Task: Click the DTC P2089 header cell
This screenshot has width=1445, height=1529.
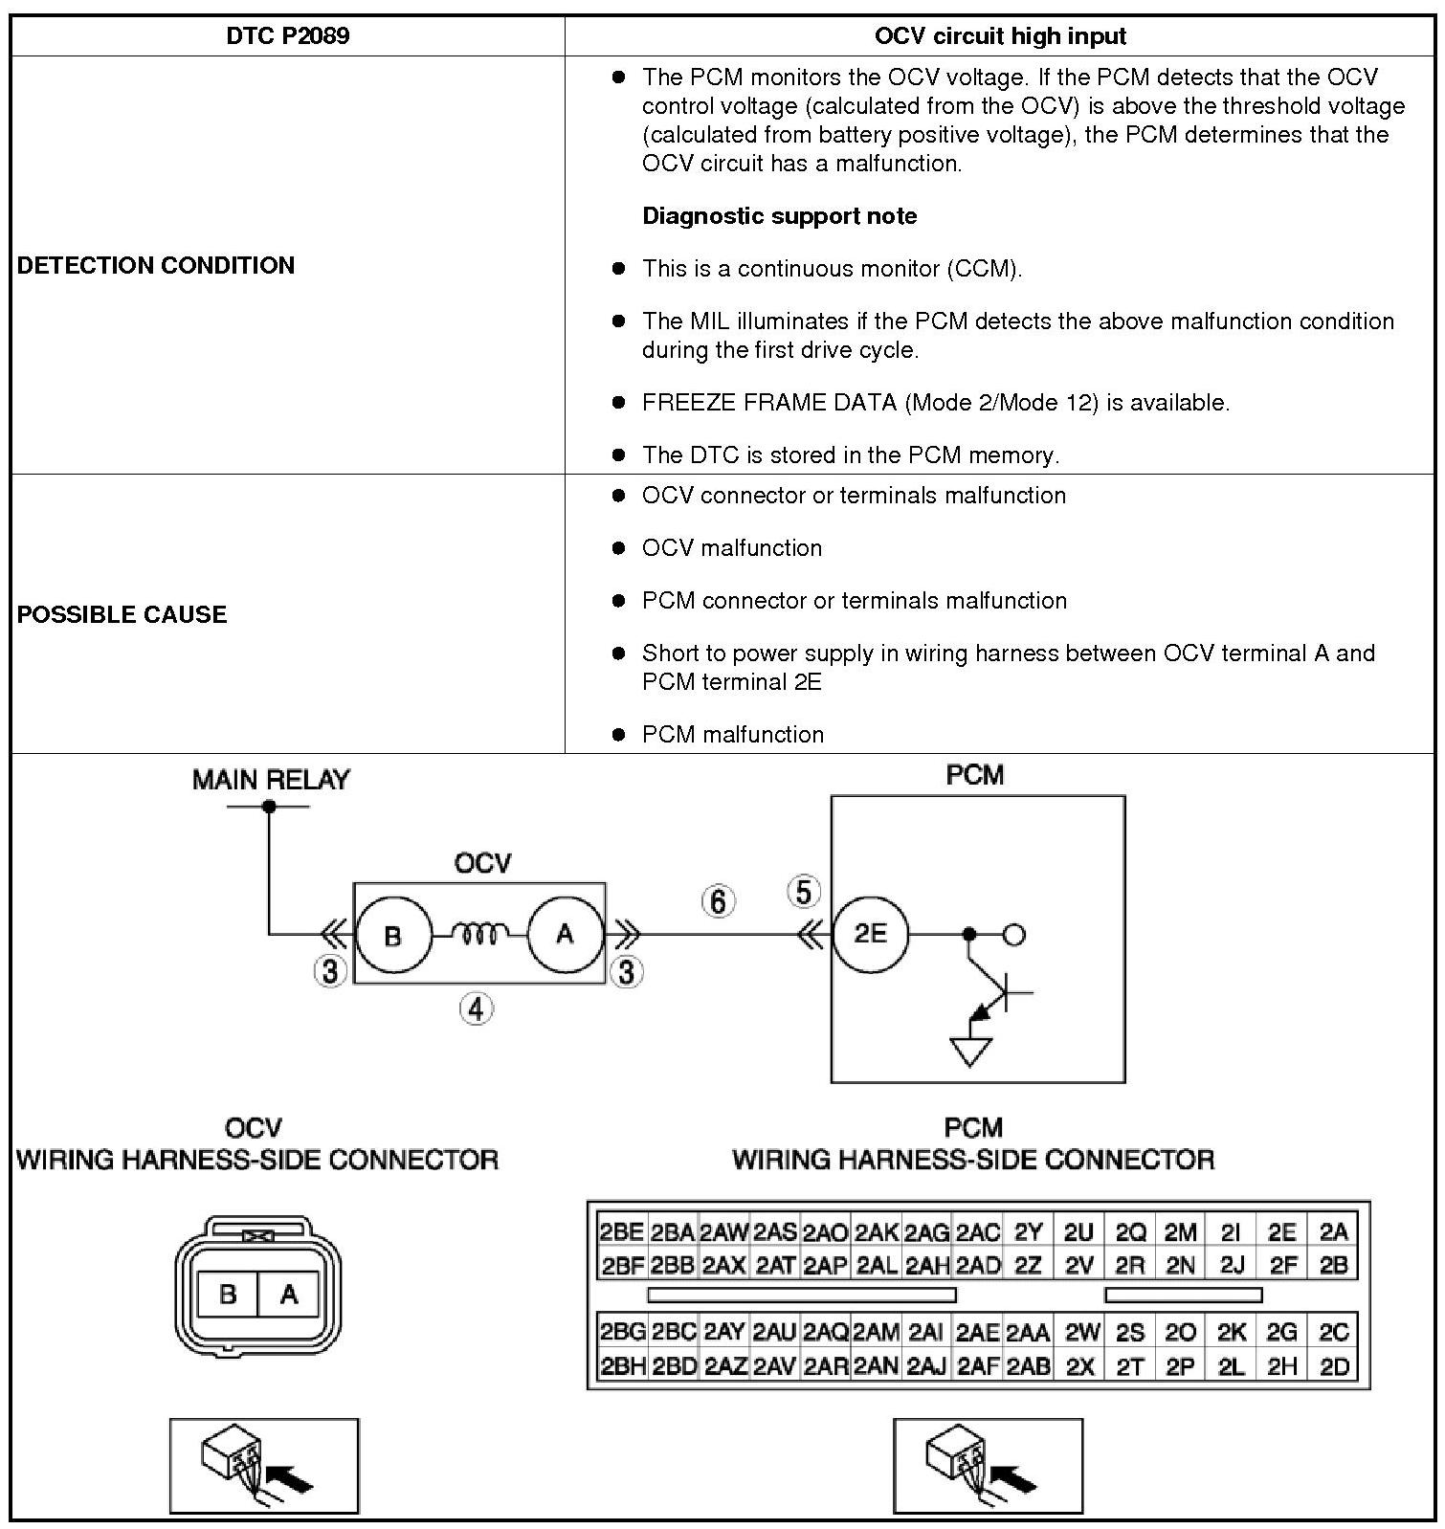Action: [287, 36]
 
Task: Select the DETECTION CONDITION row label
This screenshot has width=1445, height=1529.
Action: [156, 265]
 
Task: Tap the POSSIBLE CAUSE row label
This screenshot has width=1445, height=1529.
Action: [122, 614]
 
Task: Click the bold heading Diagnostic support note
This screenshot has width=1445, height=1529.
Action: [779, 216]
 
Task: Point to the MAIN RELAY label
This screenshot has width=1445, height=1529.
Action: [271, 780]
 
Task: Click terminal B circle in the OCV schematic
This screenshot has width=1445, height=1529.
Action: [392, 935]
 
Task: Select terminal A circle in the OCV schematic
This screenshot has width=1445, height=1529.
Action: [565, 933]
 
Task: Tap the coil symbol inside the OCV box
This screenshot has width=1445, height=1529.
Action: [478, 933]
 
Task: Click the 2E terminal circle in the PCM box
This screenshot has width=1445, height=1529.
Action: [870, 933]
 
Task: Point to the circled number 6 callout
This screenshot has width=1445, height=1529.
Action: [719, 900]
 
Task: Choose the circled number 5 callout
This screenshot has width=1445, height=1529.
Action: [803, 892]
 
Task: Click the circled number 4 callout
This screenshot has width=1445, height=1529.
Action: [477, 1008]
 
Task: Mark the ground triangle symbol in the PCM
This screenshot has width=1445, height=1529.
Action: [969, 1053]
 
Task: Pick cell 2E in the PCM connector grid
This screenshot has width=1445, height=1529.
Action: [1281, 1232]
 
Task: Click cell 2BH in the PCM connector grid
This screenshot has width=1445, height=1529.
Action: [622, 1367]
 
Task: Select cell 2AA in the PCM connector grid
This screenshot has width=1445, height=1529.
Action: [1028, 1333]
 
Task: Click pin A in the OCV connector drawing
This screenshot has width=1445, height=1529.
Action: [289, 1295]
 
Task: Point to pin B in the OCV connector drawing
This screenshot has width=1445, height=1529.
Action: [228, 1295]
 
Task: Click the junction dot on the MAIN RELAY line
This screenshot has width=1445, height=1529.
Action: [269, 807]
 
